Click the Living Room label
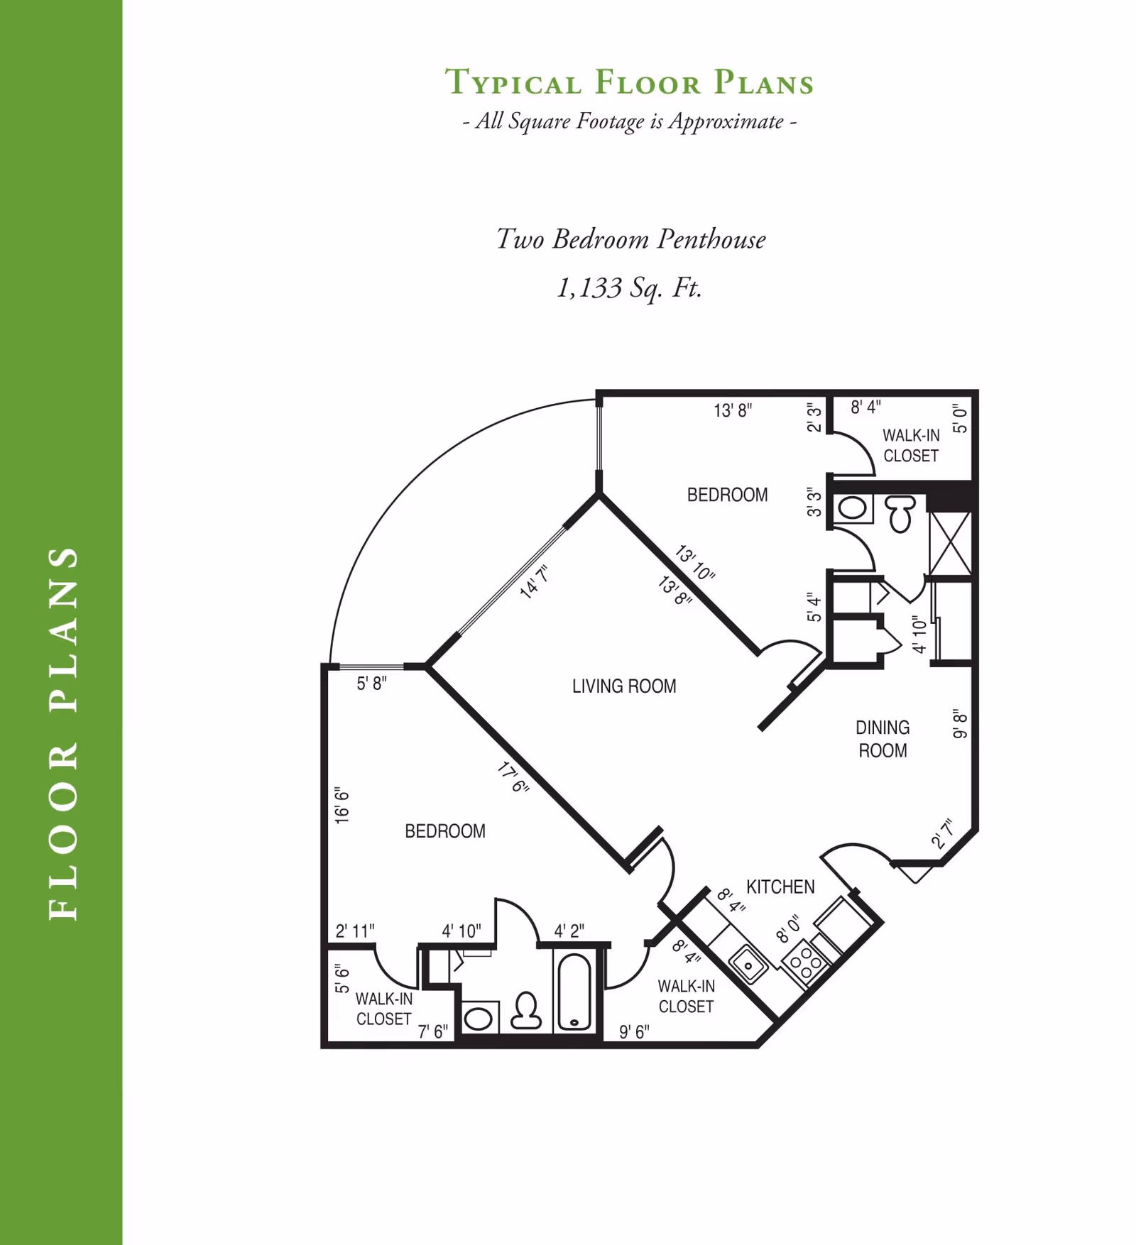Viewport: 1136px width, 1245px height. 624,686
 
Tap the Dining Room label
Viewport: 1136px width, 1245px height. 882,739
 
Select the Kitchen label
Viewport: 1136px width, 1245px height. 780,887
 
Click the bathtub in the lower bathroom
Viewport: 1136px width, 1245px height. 574,992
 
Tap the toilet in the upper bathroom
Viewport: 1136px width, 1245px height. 900,512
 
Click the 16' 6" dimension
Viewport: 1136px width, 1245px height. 342,805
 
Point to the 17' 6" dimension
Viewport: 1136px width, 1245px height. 513,777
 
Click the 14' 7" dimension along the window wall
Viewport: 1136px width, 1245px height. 534,583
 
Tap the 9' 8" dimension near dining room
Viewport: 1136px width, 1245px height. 960,723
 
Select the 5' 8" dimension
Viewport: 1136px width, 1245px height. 371,684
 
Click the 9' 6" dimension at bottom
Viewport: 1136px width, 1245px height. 634,1031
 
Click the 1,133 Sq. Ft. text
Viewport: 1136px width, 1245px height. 630,288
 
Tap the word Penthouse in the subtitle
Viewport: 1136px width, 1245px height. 711,239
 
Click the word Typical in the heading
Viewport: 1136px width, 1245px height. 513,82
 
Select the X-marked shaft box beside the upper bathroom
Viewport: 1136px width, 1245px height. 950,542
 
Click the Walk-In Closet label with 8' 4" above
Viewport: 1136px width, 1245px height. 911,445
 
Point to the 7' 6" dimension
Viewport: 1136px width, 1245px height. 432,1031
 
